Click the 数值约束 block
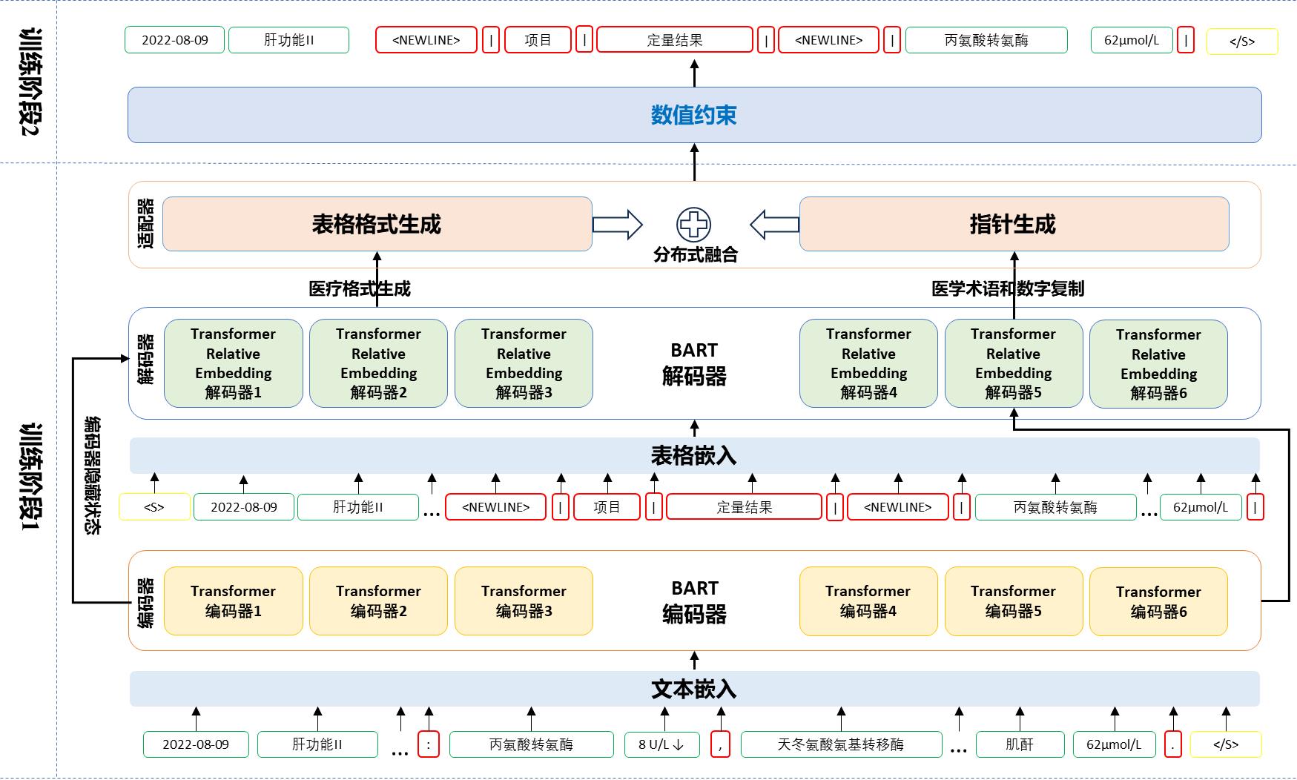pyautogui.click(x=694, y=115)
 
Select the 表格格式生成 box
pyautogui.click(x=377, y=224)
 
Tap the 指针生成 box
pyautogui.click(x=1013, y=224)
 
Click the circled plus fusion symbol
pyautogui.click(x=693, y=224)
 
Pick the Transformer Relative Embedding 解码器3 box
pyautogui.click(x=524, y=363)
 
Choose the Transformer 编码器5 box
pyautogui.click(x=1013, y=601)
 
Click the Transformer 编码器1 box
pyautogui.click(x=233, y=601)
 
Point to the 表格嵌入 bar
pyautogui.click(x=694, y=455)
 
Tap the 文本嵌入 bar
pyautogui.click(x=694, y=689)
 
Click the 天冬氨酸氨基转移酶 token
pyautogui.click(x=840, y=744)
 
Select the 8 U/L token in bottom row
pyautogui.click(x=661, y=744)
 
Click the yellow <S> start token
pyautogui.click(x=154, y=507)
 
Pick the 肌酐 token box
pyautogui.click(x=1019, y=744)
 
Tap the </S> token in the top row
pyautogui.click(x=1241, y=41)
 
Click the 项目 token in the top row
pyautogui.click(x=538, y=40)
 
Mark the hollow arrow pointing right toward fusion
pyautogui.click(x=617, y=225)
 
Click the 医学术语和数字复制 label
pyautogui.click(x=1007, y=288)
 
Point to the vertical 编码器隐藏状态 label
pyautogui.click(x=93, y=475)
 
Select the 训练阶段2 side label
pyautogui.click(x=30, y=82)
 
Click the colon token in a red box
pyautogui.click(x=428, y=744)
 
